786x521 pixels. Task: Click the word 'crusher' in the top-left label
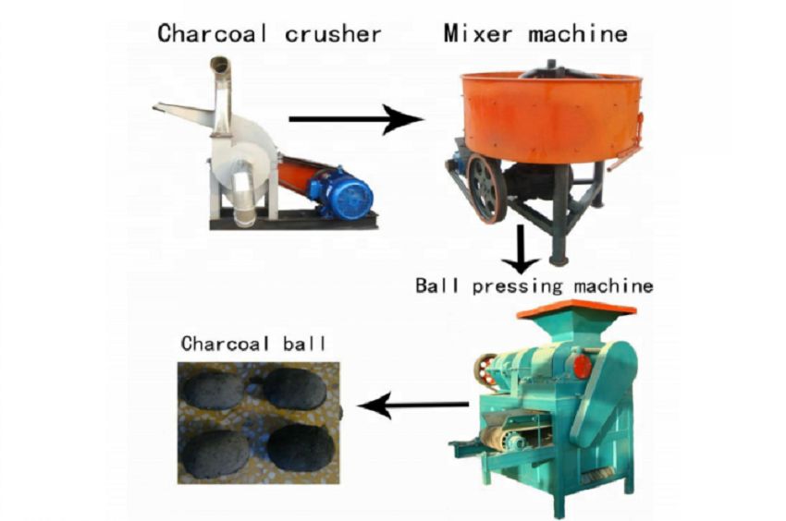tap(333, 34)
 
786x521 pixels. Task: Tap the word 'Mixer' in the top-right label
tap(478, 33)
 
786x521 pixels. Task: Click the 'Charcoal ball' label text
tap(253, 344)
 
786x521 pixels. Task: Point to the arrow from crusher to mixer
tap(356, 119)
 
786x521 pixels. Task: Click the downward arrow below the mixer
tap(522, 249)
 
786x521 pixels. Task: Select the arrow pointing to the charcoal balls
tap(413, 405)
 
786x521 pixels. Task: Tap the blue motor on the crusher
tap(342, 193)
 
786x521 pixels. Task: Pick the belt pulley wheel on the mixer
tap(485, 187)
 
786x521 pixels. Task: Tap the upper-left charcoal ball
tap(214, 390)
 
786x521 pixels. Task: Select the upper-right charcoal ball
tap(295, 388)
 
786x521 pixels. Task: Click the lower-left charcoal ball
tap(215, 454)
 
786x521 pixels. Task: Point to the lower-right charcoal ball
tap(301, 447)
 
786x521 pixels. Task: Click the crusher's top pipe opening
tap(220, 65)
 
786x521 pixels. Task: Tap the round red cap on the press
tap(582, 365)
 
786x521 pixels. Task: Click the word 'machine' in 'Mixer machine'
tap(577, 33)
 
